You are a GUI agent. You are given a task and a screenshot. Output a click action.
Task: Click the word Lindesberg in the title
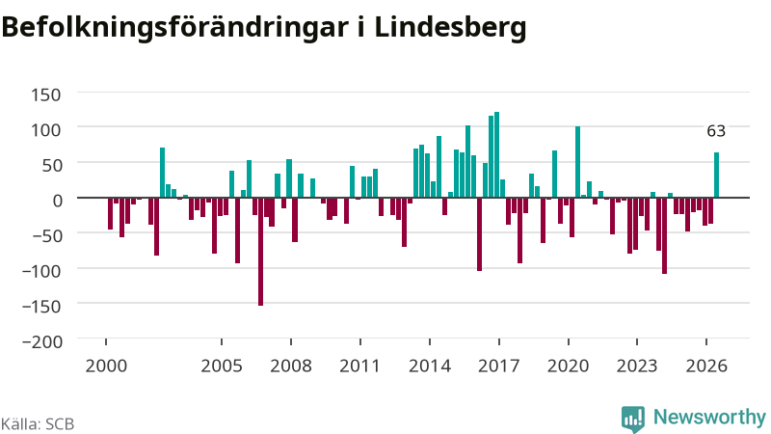(450, 28)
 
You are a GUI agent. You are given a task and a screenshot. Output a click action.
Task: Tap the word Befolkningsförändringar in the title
(175, 28)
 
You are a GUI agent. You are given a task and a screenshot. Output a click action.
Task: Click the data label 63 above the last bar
(716, 131)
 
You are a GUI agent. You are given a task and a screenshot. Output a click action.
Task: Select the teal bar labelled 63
(716, 176)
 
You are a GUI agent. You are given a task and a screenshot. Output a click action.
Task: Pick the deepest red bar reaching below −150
(260, 252)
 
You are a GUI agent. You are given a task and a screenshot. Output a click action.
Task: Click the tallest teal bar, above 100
(496, 154)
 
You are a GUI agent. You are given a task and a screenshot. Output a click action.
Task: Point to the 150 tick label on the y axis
(45, 95)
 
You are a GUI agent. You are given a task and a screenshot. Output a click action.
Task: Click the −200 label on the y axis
(42, 341)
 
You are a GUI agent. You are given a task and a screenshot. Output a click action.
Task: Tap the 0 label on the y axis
(57, 201)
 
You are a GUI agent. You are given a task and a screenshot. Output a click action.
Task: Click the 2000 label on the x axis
(106, 366)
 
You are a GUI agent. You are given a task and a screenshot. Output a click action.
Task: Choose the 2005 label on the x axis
(222, 366)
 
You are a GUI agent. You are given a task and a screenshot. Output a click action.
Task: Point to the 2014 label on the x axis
(430, 366)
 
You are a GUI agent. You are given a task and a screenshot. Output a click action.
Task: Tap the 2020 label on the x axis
(568, 366)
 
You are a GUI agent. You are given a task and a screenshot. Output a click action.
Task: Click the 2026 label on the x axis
(706, 366)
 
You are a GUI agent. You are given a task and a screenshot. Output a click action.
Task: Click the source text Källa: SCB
(38, 424)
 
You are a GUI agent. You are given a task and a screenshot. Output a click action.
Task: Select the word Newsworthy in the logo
(709, 418)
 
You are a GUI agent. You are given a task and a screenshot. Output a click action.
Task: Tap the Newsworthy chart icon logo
(633, 420)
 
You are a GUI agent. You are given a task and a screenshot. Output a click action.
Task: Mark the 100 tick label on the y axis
(45, 130)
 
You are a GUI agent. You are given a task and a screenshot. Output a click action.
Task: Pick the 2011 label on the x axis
(359, 366)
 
